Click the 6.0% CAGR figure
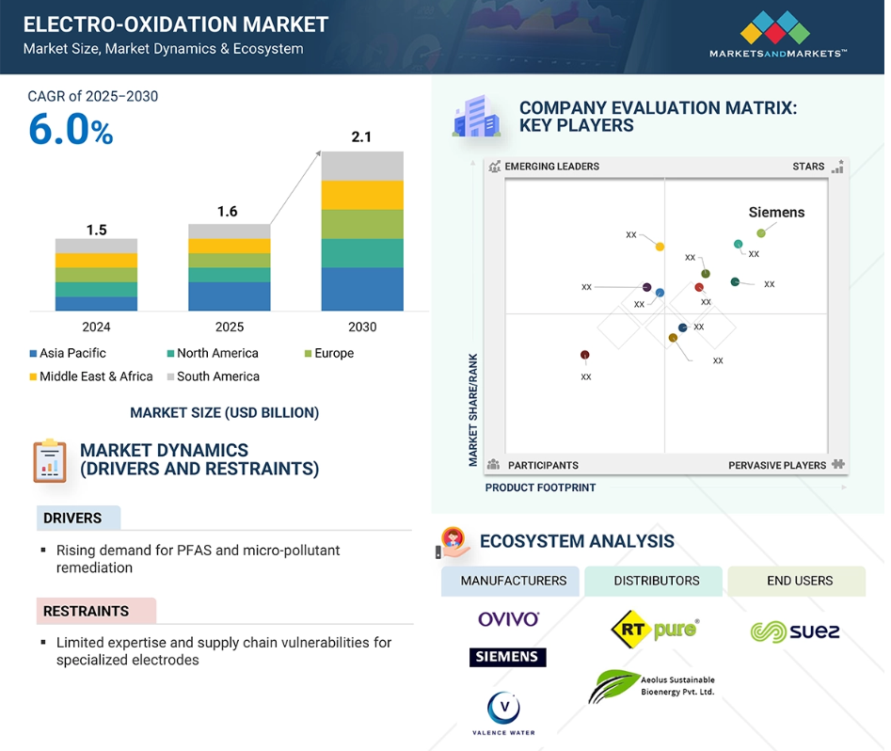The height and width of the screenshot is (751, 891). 71,129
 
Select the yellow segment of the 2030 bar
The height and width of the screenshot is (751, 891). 362,195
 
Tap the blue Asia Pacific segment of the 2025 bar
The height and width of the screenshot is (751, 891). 229,296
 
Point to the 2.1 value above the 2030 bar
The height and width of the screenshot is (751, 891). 361,137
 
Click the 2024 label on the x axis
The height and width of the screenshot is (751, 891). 96,327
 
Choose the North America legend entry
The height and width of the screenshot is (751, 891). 213,353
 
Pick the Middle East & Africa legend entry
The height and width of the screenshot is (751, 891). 91,376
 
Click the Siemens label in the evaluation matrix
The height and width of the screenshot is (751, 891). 776,212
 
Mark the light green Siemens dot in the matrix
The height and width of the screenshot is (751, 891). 761,233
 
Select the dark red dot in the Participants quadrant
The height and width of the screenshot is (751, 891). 584,355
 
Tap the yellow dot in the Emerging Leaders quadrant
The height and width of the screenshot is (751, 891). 660,247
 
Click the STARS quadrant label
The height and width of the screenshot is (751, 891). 808,166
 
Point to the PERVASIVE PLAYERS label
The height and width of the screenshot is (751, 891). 777,465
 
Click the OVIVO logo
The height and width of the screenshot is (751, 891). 509,619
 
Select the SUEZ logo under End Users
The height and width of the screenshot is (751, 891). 795,631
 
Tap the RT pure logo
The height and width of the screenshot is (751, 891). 655,630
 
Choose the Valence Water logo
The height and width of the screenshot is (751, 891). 503,713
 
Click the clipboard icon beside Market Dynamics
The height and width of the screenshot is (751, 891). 50,460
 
